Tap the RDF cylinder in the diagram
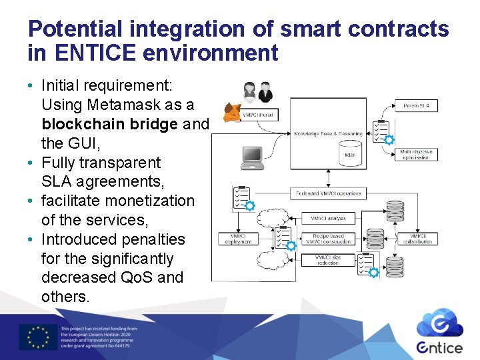point(350,155)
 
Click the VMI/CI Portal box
point(257,115)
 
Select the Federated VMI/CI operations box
point(329,193)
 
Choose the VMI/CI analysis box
point(329,218)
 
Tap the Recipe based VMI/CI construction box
point(329,239)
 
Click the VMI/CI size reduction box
point(329,259)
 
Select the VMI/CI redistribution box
point(417,239)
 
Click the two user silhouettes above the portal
point(257,91)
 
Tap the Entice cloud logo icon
point(439,323)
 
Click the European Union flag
point(38,337)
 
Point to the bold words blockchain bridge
point(110,124)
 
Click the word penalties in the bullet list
point(155,239)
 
